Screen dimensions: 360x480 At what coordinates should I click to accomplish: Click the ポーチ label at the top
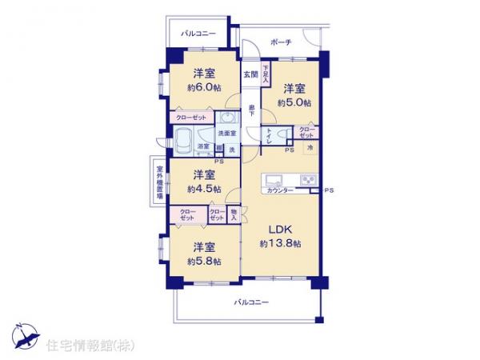280,42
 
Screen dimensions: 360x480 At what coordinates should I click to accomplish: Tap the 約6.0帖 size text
203,88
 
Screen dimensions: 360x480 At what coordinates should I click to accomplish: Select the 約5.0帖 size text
293,102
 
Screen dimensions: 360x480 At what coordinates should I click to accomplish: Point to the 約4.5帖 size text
202,190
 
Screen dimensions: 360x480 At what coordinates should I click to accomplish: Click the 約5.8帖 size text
202,262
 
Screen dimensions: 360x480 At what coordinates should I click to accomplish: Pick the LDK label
279,227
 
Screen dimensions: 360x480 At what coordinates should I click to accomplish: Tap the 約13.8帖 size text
280,242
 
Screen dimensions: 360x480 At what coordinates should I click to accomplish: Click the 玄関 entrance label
251,74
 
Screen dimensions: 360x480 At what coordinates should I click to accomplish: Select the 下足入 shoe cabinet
266,73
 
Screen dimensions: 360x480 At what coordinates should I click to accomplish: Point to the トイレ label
270,134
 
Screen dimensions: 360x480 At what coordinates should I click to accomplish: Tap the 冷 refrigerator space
309,149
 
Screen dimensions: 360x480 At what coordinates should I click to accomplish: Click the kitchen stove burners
308,178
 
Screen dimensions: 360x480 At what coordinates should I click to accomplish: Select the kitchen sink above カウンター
272,178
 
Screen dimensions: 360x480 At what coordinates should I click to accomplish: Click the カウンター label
278,190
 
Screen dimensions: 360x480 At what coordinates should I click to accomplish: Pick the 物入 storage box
234,214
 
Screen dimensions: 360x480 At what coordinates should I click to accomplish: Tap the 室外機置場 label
160,182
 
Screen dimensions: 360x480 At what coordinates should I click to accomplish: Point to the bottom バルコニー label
251,302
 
